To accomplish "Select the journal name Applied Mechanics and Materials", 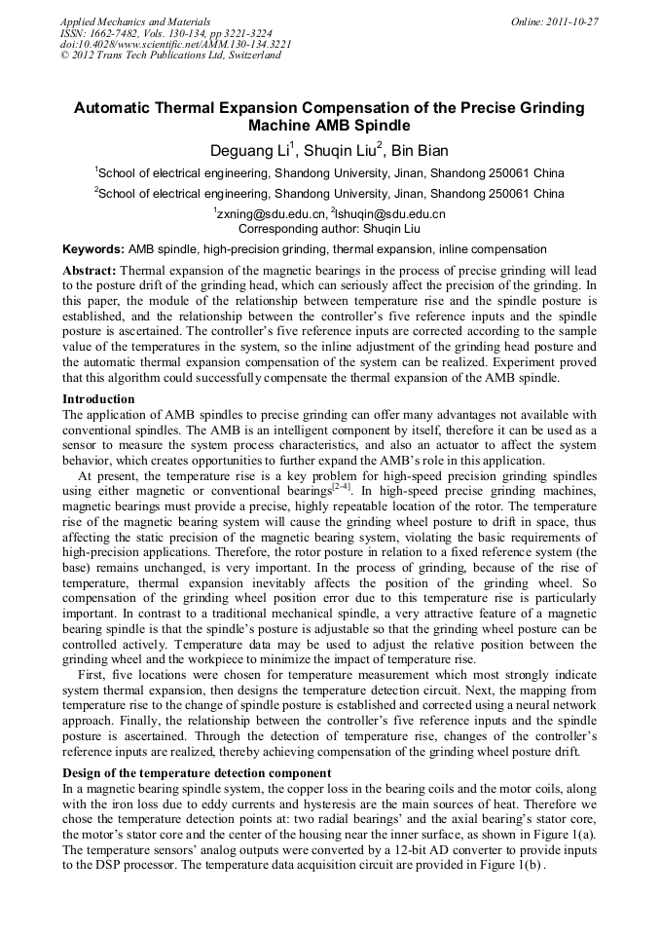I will [x=134, y=20].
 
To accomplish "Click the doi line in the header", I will [x=175, y=44].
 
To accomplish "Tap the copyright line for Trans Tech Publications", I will [x=170, y=56].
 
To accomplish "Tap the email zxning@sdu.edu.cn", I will [x=269, y=214].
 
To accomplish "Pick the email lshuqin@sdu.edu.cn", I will [x=389, y=214].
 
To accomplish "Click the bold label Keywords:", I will [x=92, y=249].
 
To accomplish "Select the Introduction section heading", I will [x=99, y=399].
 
